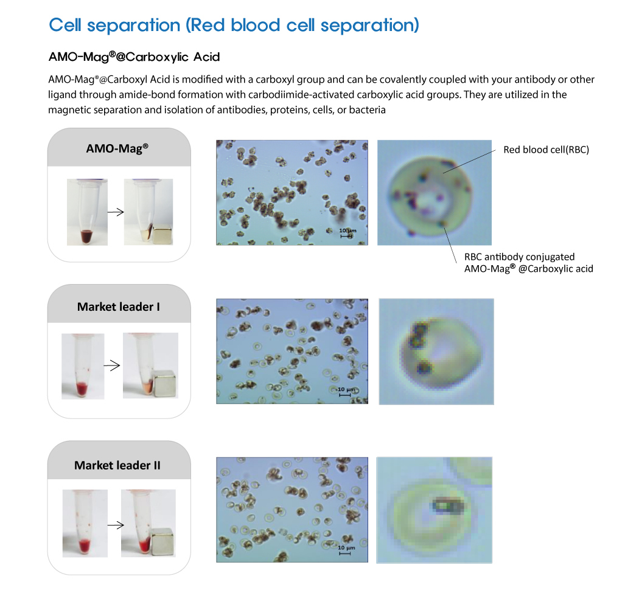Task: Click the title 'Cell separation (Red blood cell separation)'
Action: click(x=234, y=26)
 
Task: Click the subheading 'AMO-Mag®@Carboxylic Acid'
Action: click(x=134, y=57)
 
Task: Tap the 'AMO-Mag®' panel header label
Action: click(x=117, y=148)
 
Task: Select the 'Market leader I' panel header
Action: click(x=118, y=307)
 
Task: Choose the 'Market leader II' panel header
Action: click(x=117, y=465)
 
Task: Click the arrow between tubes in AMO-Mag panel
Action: click(x=116, y=212)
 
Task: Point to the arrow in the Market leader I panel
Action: click(x=112, y=366)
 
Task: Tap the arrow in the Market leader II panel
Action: click(x=116, y=525)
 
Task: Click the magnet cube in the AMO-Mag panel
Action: click(x=162, y=234)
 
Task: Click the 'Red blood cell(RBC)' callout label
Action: click(x=546, y=150)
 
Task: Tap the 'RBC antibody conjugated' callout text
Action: click(x=519, y=257)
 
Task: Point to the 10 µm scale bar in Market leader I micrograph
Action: click(x=345, y=395)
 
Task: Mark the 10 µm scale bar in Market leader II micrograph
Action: click(x=345, y=553)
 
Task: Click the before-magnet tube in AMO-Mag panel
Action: click(x=86, y=212)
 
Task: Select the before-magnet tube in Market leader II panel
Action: click(x=85, y=523)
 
